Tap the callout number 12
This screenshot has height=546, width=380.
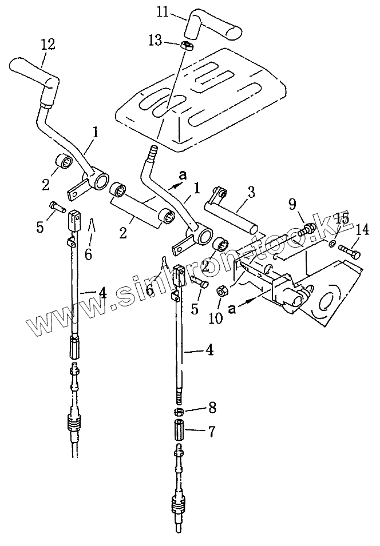click(x=48, y=43)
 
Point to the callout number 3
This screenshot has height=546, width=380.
click(x=251, y=192)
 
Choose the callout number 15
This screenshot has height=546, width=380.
click(x=342, y=218)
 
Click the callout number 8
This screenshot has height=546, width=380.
click(x=212, y=408)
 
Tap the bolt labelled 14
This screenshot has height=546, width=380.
click(x=350, y=249)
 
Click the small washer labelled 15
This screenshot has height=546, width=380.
click(x=332, y=244)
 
